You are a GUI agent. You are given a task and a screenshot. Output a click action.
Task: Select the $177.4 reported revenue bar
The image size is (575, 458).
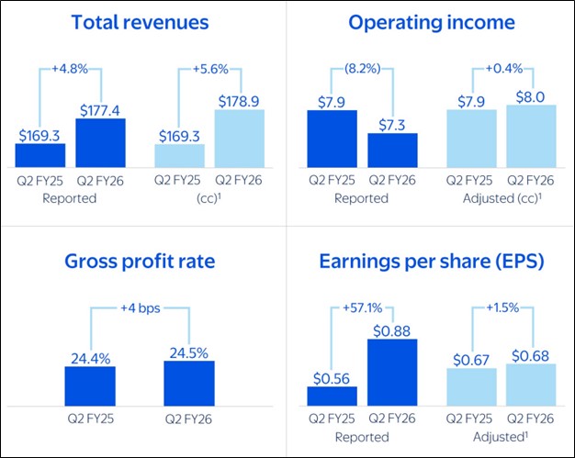click(100, 140)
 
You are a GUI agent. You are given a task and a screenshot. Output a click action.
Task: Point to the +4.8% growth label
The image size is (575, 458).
click(72, 69)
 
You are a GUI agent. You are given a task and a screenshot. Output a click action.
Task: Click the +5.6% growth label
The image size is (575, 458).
click(209, 69)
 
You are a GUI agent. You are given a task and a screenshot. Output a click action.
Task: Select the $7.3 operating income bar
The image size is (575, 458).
click(392, 149)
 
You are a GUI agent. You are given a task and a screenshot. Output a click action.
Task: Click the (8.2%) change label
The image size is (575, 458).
click(363, 69)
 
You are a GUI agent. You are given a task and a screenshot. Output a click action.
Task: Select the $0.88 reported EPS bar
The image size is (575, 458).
click(392, 372)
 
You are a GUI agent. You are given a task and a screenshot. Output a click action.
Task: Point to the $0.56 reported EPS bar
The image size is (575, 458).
click(332, 396)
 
